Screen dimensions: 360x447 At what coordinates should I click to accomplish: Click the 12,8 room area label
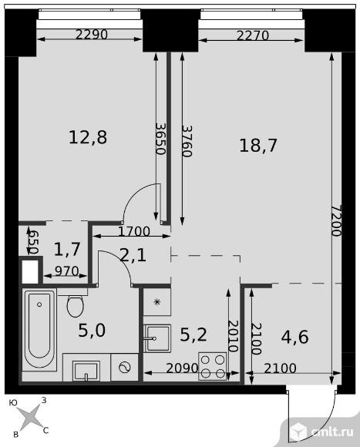pos(88,137)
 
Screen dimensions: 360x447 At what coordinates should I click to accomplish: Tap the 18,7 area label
pos(258,146)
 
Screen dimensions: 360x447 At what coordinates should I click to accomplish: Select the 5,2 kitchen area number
pos(193,334)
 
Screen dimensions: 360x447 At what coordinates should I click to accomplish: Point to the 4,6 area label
pos(294,337)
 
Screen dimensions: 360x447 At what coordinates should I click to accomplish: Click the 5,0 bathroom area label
pos(92,331)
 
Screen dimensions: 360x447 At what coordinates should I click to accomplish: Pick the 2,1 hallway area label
pos(133,255)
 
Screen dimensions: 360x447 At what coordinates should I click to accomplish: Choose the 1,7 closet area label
pos(67,249)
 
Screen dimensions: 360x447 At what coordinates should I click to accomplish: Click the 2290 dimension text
pos(92,35)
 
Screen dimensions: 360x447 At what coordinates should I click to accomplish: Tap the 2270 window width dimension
pos(253,35)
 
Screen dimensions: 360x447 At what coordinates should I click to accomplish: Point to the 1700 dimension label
pos(134,231)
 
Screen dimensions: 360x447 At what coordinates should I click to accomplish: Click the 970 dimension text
pos(67,271)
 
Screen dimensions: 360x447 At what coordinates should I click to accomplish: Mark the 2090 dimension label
pos(182,368)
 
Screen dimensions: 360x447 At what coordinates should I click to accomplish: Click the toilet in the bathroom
pos(76,306)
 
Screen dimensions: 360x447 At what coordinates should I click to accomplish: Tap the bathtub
pos(39,330)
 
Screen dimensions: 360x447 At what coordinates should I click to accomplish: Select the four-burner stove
pos(213,366)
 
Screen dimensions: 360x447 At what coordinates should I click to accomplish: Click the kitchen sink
pos(157,338)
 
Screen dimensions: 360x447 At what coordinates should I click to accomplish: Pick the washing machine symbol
pos(125,367)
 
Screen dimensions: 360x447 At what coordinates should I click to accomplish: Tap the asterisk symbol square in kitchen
pos(156,302)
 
